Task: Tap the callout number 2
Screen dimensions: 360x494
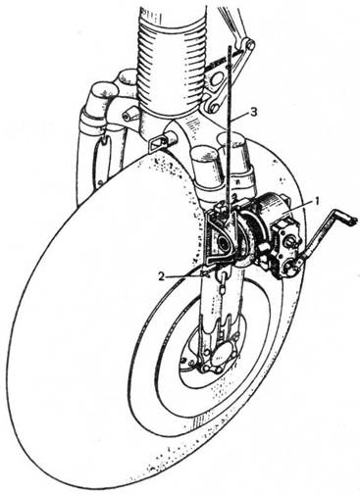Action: pos(161,276)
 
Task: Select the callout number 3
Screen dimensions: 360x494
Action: pos(254,112)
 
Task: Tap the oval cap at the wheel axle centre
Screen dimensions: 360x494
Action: pos(218,359)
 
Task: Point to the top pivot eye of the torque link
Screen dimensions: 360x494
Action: pos(250,44)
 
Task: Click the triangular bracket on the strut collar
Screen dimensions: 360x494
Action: pos(157,142)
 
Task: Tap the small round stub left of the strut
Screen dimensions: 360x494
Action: pos(129,115)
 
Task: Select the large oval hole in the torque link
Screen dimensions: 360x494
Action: pos(217,78)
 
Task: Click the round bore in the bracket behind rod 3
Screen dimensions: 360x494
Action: pos(223,242)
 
